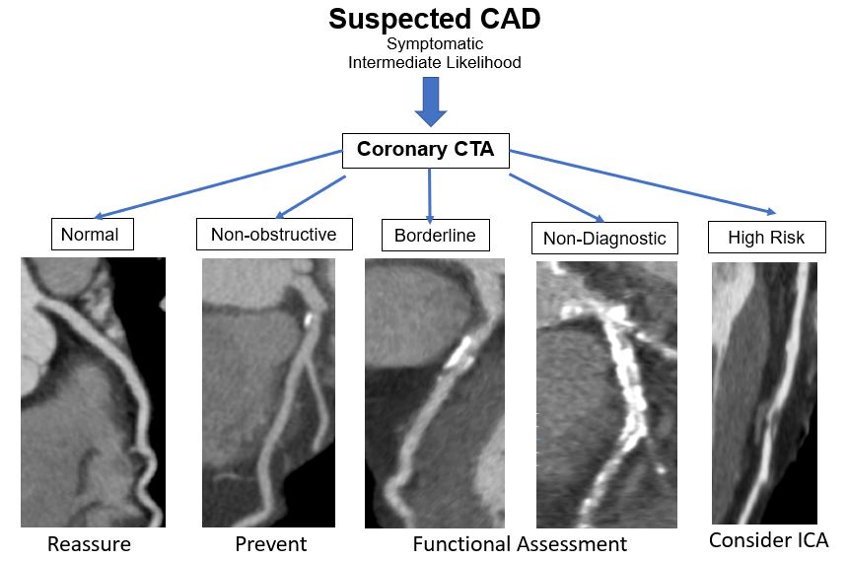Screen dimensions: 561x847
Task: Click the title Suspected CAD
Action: (x=434, y=19)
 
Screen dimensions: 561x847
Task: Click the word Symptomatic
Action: (x=434, y=44)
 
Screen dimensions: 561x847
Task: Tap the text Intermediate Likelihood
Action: (x=434, y=62)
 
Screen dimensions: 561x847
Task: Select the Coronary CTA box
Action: (x=425, y=151)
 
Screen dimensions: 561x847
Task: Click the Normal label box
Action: (x=92, y=234)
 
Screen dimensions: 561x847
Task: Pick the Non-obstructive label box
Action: (x=274, y=234)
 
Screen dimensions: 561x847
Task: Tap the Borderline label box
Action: (x=435, y=235)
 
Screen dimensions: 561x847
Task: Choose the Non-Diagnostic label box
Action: (x=604, y=238)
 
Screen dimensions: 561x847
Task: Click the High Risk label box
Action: (x=766, y=237)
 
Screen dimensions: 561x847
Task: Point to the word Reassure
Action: (x=89, y=543)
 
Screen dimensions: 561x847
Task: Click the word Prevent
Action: (x=271, y=543)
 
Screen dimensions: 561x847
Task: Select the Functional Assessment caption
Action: (x=520, y=543)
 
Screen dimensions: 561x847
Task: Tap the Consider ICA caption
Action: (x=768, y=539)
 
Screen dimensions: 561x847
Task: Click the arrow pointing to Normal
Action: (x=217, y=184)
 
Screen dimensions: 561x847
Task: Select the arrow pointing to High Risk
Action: (x=641, y=181)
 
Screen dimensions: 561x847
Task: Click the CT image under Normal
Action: (x=93, y=391)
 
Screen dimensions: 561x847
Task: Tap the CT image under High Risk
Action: (x=764, y=391)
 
